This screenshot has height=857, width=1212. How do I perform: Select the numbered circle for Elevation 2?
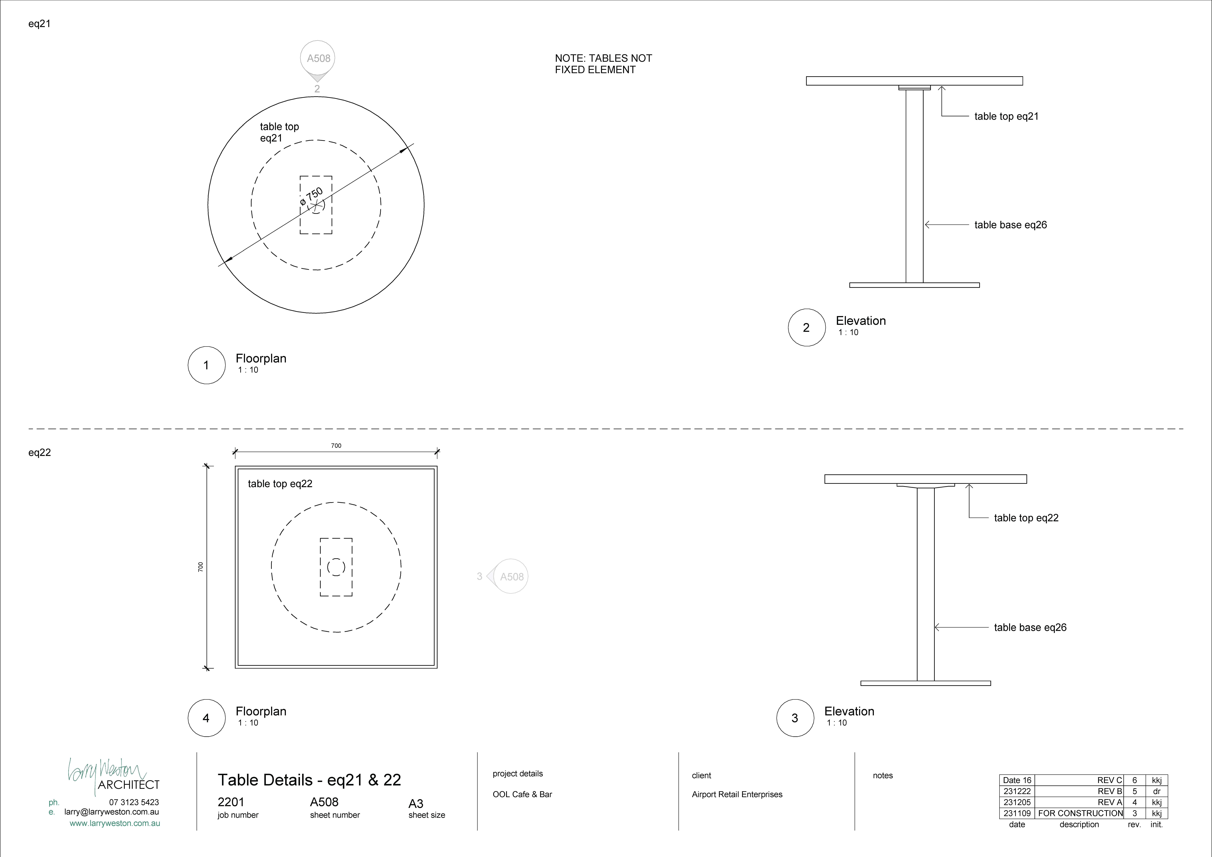tap(806, 327)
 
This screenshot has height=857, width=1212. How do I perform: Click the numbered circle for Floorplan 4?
tap(206, 718)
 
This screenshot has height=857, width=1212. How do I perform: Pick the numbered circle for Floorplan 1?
tap(206, 365)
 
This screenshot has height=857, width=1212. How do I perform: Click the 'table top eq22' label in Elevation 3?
tap(1026, 518)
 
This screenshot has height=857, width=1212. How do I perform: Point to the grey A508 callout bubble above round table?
tap(318, 58)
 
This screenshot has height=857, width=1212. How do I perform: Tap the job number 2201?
tap(231, 802)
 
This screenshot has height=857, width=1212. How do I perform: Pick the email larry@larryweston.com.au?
tap(111, 812)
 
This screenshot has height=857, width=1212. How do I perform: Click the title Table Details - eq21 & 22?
tap(309, 780)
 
